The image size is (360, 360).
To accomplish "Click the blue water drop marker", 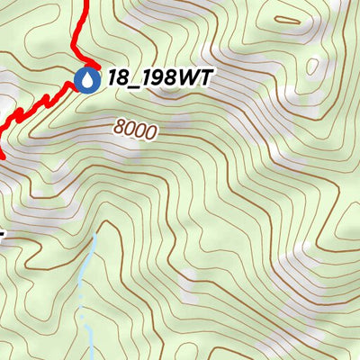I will pyautogui.click(x=87, y=80).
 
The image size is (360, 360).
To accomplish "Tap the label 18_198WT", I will pyautogui.click(x=158, y=78).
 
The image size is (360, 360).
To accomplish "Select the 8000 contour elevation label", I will pyautogui.click(x=136, y=130).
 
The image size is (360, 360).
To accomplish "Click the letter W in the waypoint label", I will pyautogui.click(x=190, y=78).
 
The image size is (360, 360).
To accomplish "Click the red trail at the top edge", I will pyautogui.click(x=88, y=4).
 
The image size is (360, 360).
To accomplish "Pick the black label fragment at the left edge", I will pyautogui.click(x=3, y=236).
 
